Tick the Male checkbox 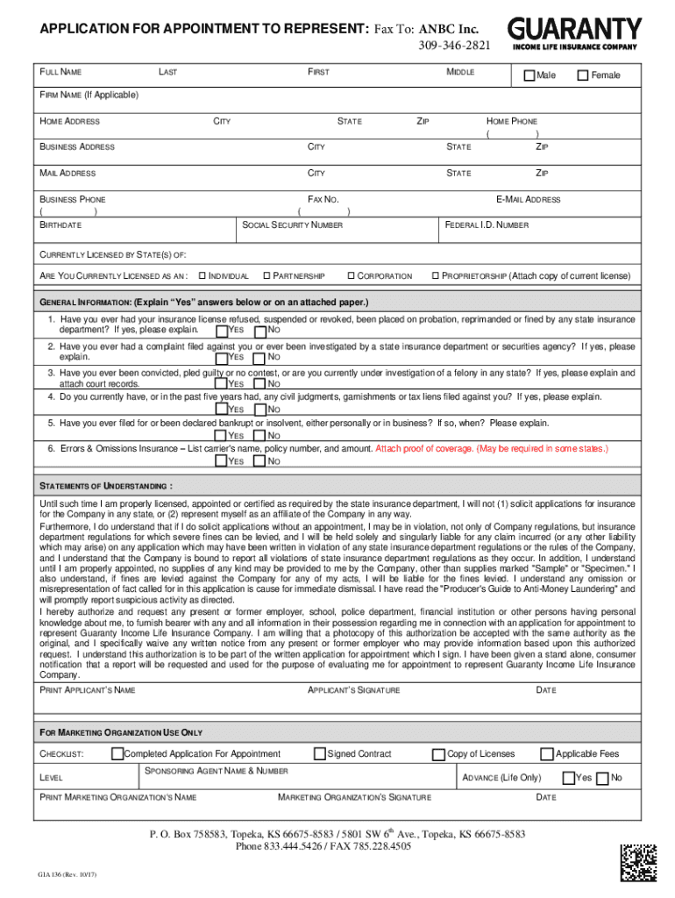pyautogui.click(x=529, y=75)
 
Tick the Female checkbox pyautogui.click(x=583, y=75)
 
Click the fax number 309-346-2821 pyautogui.click(x=454, y=45)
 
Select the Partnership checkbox pyautogui.click(x=266, y=276)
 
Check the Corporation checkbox pyautogui.click(x=351, y=276)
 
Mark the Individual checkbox pyautogui.click(x=203, y=276)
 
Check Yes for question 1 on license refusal pyautogui.click(x=220, y=331)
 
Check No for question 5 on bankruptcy pyautogui.click(x=259, y=436)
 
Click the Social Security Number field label pyautogui.click(x=294, y=225)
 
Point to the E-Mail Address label pyautogui.click(x=528, y=200)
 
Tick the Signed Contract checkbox pyautogui.click(x=319, y=753)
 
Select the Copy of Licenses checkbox pyautogui.click(x=438, y=754)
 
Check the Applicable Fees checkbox pyautogui.click(x=547, y=753)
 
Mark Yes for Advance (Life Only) pyautogui.click(x=568, y=778)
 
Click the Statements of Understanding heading pyautogui.click(x=106, y=485)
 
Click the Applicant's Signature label pyautogui.click(x=354, y=690)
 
